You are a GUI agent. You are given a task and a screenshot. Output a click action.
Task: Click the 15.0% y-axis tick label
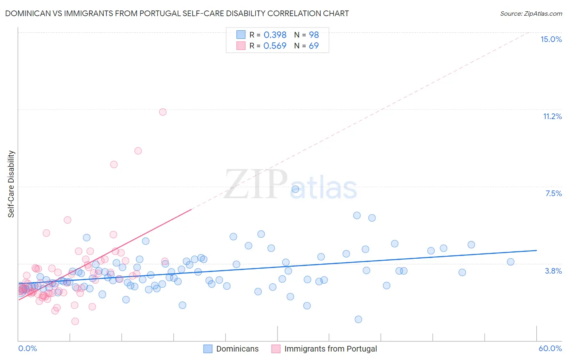551,39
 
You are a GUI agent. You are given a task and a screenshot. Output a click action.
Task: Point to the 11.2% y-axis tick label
552,116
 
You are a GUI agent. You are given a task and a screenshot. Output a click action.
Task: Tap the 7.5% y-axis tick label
553,193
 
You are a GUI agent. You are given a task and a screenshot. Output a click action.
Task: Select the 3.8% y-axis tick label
553,271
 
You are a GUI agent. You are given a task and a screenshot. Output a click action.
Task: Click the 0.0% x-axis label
27,348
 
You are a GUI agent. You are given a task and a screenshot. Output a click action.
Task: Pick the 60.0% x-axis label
550,348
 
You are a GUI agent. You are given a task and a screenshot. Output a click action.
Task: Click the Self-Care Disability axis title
11,184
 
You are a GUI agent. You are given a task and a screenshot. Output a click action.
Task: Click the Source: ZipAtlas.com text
531,13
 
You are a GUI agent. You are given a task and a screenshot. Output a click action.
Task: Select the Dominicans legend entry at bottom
237,349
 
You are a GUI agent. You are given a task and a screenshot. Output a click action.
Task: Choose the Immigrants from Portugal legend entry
330,349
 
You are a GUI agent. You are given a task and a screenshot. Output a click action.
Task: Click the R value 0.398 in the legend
275,35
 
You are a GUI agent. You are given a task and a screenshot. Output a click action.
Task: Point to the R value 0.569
275,46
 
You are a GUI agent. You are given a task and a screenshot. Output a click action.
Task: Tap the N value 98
314,35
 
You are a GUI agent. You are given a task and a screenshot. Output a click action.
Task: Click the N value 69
314,46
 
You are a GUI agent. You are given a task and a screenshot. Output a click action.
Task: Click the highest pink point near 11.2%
163,112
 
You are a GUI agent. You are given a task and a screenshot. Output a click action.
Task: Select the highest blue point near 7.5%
295,189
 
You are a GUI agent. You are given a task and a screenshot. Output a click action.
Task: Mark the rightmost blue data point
511,262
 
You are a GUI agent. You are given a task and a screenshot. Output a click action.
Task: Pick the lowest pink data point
75,321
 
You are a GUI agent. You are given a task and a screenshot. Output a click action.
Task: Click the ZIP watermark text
256,184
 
